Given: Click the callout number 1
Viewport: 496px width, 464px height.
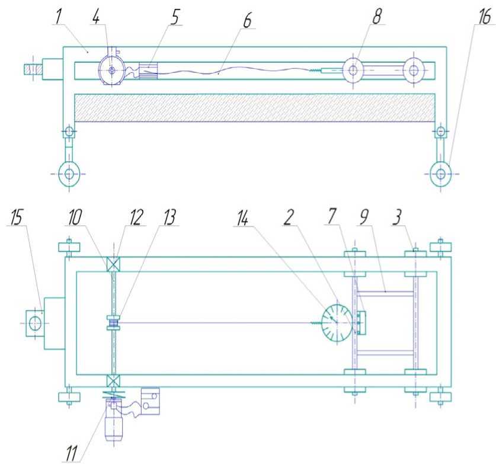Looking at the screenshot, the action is coord(58,18).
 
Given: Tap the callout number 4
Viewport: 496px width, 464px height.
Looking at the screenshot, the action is coord(96,18).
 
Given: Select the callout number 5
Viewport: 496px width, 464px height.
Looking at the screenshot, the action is coord(175,18).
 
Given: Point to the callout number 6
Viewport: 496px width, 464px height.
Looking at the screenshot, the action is coord(247,21).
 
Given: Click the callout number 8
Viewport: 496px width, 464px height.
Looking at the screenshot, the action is coord(376,17).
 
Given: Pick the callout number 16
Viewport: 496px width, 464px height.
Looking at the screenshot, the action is coord(484,17).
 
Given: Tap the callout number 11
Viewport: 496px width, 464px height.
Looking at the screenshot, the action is coord(72,453).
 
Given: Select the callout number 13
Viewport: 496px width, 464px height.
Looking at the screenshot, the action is coord(169,217).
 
